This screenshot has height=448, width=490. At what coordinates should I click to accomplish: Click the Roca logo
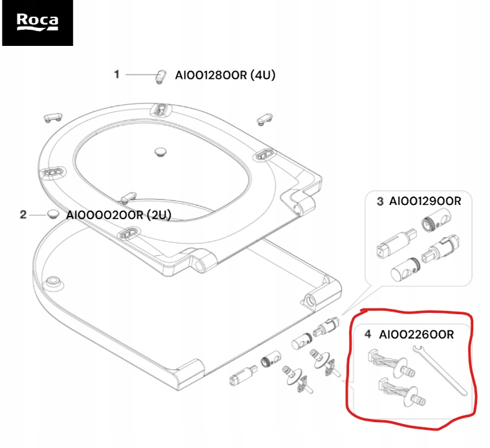[37, 23]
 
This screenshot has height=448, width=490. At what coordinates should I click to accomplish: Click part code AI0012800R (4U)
[225, 75]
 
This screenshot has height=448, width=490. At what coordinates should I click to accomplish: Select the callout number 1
[117, 74]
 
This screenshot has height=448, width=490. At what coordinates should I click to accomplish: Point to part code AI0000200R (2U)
[119, 215]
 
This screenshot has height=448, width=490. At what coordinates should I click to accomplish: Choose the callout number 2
[23, 214]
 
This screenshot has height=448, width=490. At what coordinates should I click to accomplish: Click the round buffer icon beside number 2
[52, 214]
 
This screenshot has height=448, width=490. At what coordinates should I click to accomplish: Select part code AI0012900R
[425, 201]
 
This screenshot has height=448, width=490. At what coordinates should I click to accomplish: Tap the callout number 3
[380, 201]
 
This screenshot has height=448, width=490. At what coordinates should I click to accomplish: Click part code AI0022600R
[416, 334]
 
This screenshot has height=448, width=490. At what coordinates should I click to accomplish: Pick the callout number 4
[368, 334]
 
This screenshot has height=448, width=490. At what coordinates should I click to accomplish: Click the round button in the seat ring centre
[160, 151]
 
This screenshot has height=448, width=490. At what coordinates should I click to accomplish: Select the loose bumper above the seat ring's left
[52, 117]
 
